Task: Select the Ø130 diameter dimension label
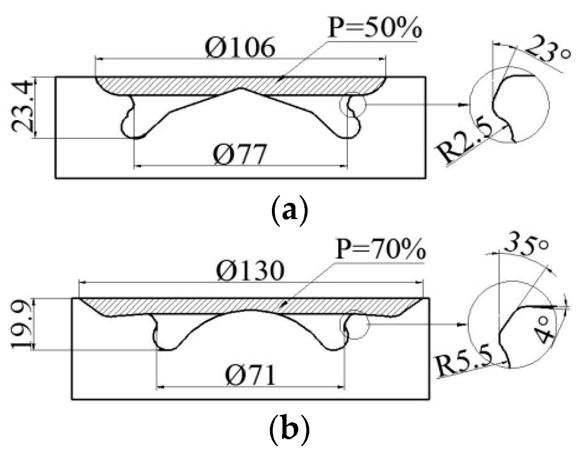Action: click(x=250, y=271)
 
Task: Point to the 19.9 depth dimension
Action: click(x=20, y=325)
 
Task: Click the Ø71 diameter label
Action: click(x=251, y=375)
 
